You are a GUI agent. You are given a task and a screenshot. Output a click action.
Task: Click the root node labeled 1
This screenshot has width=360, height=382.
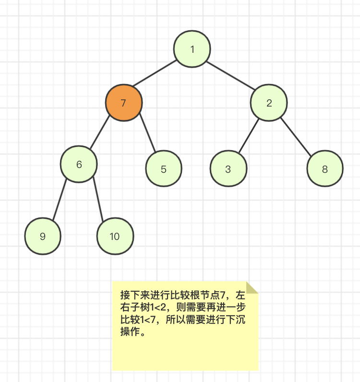(x=192, y=49)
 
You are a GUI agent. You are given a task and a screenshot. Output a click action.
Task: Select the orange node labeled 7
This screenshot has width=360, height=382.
(x=124, y=103)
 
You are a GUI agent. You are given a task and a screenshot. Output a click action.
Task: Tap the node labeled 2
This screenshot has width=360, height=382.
(x=269, y=103)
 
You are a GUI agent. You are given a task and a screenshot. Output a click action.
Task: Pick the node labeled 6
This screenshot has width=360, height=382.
(x=79, y=164)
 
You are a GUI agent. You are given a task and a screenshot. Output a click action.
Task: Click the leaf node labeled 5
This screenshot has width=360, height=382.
(x=164, y=168)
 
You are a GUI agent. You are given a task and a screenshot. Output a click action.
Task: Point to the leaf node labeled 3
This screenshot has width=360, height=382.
(x=228, y=168)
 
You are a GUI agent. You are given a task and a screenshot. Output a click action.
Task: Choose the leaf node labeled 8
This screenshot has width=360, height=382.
(x=325, y=168)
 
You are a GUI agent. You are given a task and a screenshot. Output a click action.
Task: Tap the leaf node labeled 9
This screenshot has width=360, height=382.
(x=43, y=236)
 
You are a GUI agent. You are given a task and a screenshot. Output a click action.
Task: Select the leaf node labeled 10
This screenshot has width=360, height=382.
(x=115, y=236)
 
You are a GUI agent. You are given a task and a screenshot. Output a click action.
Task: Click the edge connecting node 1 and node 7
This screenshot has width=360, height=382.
(x=155, y=73)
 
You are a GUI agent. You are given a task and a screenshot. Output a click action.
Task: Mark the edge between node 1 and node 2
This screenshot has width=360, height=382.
(x=230, y=75)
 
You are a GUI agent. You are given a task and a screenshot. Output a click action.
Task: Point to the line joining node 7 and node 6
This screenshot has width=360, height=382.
(x=100, y=132)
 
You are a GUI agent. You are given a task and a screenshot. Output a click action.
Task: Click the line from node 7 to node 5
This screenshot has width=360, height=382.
(x=147, y=133)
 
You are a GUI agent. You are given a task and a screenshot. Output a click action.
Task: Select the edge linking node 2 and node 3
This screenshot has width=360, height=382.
(x=249, y=136)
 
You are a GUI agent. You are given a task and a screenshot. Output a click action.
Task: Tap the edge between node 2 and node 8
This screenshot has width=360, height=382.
(x=296, y=137)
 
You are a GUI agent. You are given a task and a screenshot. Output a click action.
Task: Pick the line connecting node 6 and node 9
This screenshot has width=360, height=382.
(x=60, y=200)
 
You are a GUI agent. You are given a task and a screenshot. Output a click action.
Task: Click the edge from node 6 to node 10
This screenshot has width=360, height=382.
(x=98, y=199)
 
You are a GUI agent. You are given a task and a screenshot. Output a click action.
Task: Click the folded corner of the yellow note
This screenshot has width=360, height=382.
(x=252, y=287)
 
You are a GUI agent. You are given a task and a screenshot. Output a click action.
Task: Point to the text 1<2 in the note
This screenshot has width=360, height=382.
(x=158, y=308)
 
